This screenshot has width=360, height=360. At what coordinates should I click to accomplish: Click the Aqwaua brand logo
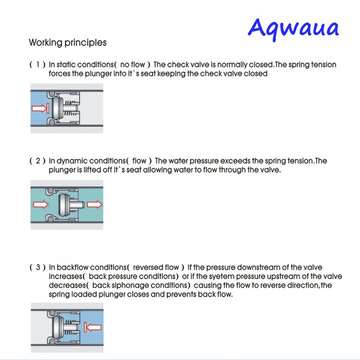[x=293, y=28]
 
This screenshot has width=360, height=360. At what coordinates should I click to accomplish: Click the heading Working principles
[x=68, y=42]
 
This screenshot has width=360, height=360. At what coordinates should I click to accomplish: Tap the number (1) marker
[x=37, y=65]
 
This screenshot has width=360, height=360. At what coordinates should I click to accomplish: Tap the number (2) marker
[x=37, y=161]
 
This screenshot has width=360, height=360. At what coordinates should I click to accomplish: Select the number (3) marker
[x=37, y=267]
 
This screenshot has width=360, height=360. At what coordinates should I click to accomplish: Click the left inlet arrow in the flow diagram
[x=40, y=205]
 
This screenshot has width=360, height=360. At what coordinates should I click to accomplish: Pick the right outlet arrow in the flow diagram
[x=94, y=205]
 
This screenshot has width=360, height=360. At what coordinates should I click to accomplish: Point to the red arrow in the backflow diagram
[x=93, y=327]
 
